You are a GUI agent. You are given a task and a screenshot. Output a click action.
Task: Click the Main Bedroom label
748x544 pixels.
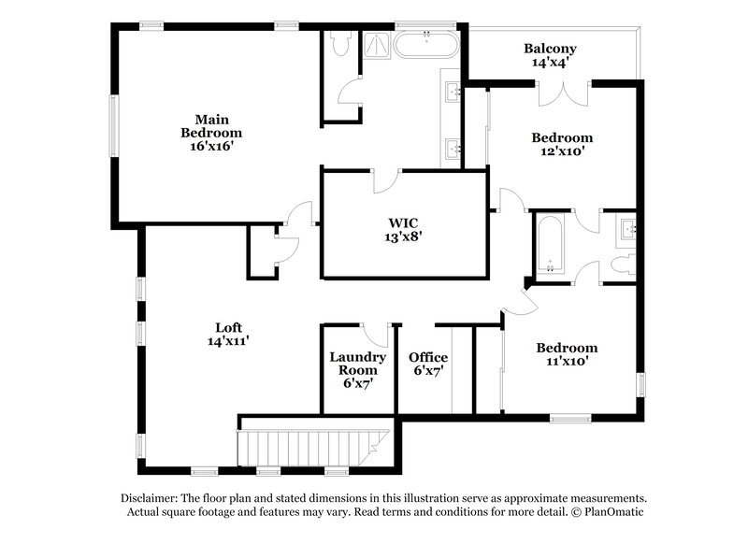[212, 126]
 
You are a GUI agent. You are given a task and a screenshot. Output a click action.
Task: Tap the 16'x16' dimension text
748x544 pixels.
[212, 146]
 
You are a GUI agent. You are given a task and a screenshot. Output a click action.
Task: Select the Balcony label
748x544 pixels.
[550, 49]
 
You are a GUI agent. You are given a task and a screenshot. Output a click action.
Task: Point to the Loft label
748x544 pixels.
[229, 328]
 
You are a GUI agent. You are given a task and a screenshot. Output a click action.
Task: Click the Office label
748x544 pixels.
[428, 358]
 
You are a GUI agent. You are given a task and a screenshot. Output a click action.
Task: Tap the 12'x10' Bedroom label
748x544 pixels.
[562, 138]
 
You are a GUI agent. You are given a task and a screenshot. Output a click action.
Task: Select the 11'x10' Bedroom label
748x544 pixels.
[566, 348]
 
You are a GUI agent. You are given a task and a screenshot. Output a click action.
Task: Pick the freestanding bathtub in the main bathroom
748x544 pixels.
[425, 45]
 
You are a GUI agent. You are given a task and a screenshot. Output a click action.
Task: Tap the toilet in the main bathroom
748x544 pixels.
[341, 42]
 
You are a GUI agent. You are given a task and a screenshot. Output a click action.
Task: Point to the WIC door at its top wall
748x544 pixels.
[386, 180]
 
